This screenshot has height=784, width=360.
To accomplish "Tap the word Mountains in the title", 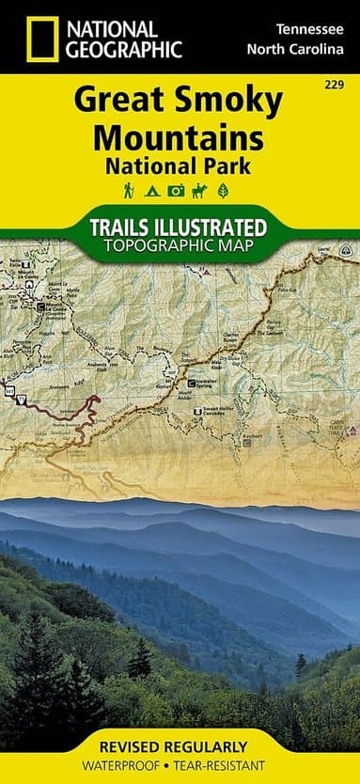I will pyautogui.click(x=180, y=137).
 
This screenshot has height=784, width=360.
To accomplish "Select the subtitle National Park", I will pyautogui.click(x=180, y=168).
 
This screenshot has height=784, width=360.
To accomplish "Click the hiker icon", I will pyautogui.click(x=128, y=192).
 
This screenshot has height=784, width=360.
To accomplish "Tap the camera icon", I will pyautogui.click(x=176, y=192).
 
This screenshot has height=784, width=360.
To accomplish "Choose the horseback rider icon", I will pyautogui.click(x=199, y=192).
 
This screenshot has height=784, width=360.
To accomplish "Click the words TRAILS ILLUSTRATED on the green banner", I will pyautogui.click(x=180, y=227).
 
